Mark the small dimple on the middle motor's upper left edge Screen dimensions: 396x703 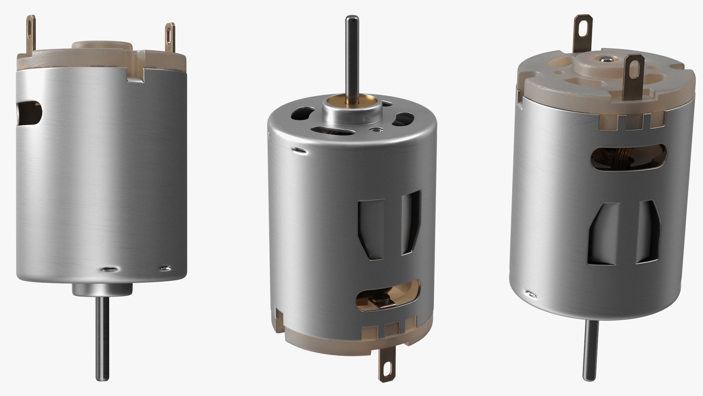(x=298, y=150)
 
